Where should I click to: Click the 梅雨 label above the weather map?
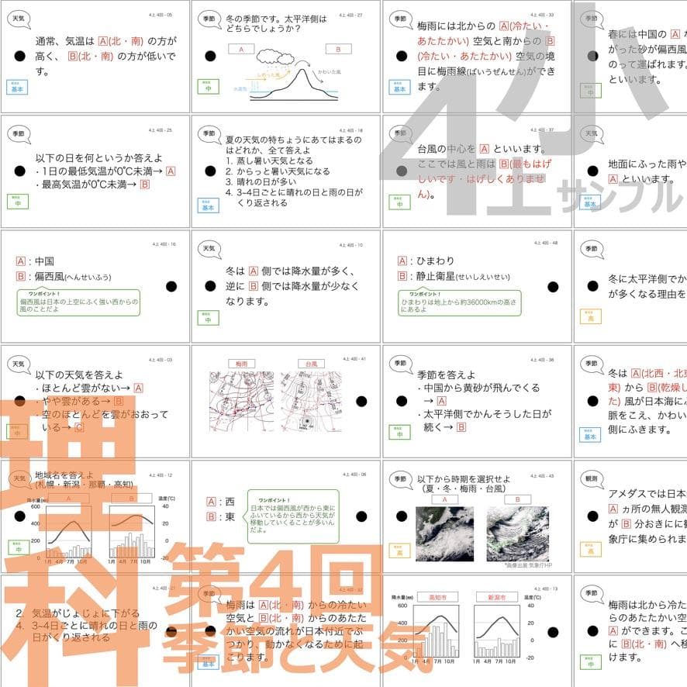[240, 363]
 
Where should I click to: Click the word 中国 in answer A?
[45, 261]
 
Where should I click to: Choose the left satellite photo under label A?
[444, 534]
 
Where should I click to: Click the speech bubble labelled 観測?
[592, 479]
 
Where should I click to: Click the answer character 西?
[230, 502]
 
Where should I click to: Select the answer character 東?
[230, 516]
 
